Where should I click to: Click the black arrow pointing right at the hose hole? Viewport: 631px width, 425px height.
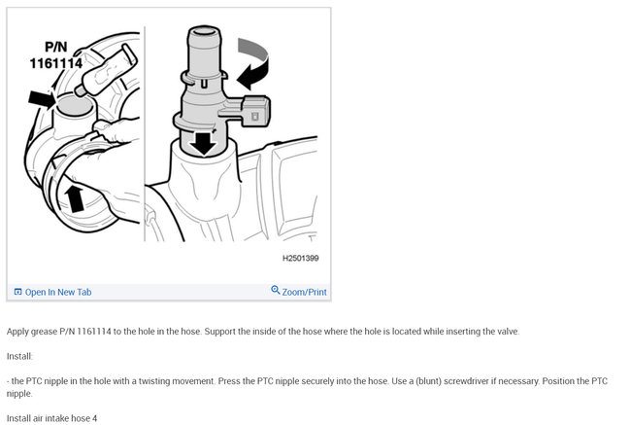41,96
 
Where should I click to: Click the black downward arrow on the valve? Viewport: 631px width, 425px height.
203,142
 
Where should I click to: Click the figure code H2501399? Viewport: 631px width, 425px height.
300,259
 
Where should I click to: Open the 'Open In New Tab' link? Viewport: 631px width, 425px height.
58,292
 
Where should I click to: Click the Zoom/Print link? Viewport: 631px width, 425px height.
304,292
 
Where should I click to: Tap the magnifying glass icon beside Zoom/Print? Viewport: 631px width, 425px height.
276,291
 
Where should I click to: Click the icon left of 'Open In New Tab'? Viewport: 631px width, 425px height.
17,292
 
